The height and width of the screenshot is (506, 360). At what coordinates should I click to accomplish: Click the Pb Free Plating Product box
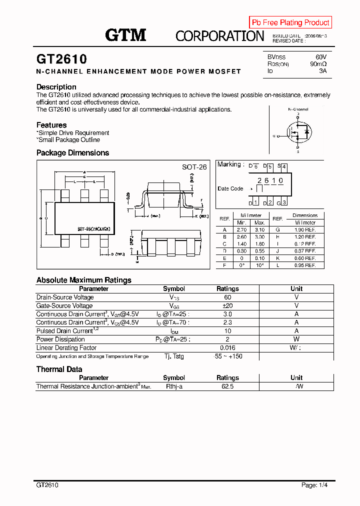tap(290, 22)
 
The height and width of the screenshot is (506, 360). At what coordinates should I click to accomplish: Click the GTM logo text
tap(125, 35)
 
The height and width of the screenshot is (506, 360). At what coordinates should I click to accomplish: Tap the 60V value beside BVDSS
tap(320, 57)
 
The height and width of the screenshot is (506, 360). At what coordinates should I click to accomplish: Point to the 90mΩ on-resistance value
tap(318, 64)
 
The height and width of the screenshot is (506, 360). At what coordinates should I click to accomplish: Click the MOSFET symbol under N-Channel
tap(298, 132)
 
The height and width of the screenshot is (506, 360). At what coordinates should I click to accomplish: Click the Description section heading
tap(56, 87)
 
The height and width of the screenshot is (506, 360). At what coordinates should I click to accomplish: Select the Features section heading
tap(51, 125)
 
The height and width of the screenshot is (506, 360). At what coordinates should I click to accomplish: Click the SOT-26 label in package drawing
tap(194, 167)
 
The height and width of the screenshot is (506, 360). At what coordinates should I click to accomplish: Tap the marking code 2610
tap(270, 180)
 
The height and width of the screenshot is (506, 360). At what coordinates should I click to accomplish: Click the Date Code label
tap(230, 188)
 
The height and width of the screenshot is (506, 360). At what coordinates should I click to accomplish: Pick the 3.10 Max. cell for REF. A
tap(259, 229)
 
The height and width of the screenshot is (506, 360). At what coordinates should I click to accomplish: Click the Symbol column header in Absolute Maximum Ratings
tap(174, 288)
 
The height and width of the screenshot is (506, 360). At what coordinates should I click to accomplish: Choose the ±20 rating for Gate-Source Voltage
tap(227, 305)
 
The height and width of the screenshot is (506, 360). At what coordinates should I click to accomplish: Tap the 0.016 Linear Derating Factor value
tap(227, 348)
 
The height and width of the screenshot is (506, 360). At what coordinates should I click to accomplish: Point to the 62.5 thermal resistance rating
tap(227, 386)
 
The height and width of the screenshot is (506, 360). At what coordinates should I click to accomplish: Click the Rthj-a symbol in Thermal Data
tap(174, 386)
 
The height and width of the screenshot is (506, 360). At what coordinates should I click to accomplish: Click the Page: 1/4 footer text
tap(314, 485)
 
